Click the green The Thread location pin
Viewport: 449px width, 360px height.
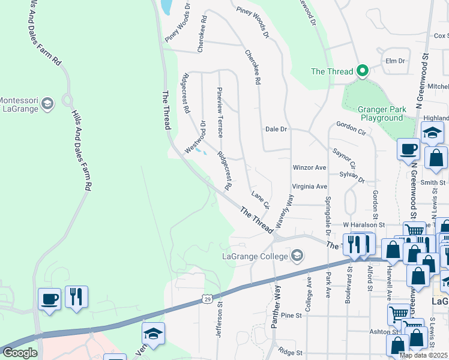coord(362,71)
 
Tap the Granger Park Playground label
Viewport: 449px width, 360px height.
coord(381,114)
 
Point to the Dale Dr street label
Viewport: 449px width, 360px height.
coord(276,129)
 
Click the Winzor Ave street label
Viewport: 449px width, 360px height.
coord(309,167)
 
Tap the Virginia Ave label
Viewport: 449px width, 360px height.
coord(309,187)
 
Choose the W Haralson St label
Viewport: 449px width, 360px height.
coord(363,224)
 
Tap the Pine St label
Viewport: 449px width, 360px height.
coord(291,315)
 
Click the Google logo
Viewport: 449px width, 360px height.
coord(20,353)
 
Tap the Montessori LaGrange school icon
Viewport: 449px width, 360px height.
coord(47,105)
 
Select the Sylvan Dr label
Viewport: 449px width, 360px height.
coord(352,176)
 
